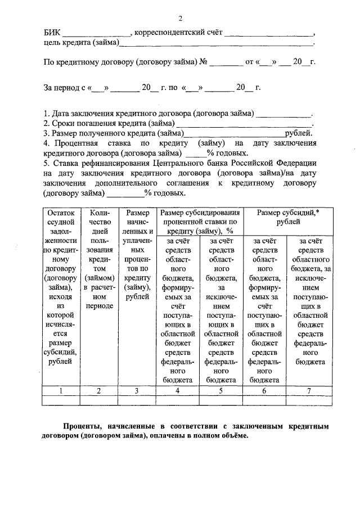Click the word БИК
click(52, 32)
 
